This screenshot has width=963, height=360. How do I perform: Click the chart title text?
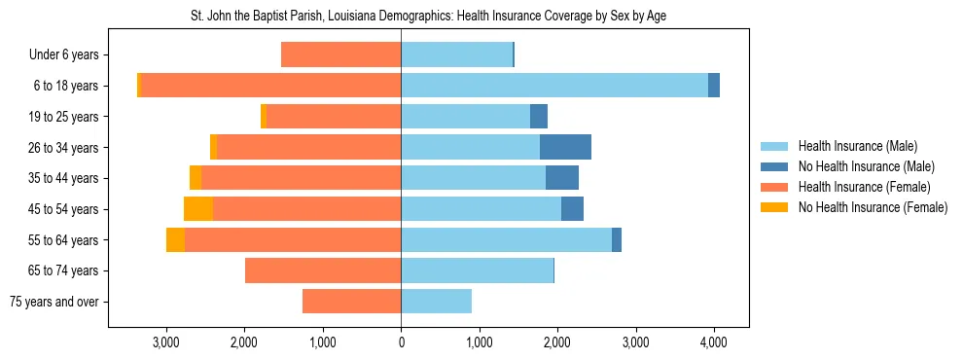[x=429, y=17]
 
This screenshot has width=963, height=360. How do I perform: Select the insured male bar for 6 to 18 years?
[x=554, y=86]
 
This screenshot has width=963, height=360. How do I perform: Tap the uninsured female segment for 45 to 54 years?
[x=198, y=209]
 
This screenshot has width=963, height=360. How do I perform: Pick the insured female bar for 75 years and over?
[x=351, y=302]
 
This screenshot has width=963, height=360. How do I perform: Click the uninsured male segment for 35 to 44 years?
[x=562, y=178]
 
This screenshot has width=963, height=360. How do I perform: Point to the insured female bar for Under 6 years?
[x=340, y=54]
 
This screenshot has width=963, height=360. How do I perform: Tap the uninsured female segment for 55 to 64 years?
[x=175, y=240]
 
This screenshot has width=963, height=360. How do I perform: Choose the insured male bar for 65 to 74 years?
[x=477, y=270]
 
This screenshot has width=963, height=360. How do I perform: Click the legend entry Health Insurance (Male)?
[x=857, y=146]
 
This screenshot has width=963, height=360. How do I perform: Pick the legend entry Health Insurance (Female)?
[x=864, y=187]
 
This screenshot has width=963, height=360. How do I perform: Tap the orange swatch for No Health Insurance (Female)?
[x=775, y=207]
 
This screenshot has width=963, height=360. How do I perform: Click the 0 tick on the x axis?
[x=401, y=342]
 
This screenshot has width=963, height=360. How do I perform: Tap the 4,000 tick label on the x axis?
[x=714, y=342]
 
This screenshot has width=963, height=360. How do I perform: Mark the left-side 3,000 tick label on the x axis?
[x=166, y=342]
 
